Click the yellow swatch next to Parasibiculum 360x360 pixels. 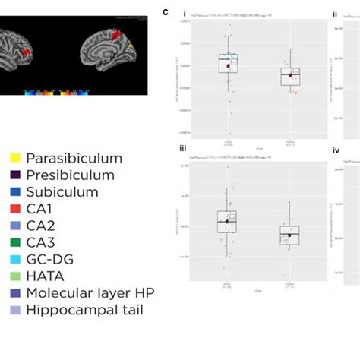[14, 159]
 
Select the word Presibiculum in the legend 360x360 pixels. [70, 175]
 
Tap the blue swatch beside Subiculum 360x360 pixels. [14, 192]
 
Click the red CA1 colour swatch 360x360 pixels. [14, 209]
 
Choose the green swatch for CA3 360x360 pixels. [14, 242]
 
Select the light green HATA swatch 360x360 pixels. [14, 276]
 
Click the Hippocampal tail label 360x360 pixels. [84, 309]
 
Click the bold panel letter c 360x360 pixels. [166, 11]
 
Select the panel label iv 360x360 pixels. [336, 150]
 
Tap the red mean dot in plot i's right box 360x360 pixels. [290, 74]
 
